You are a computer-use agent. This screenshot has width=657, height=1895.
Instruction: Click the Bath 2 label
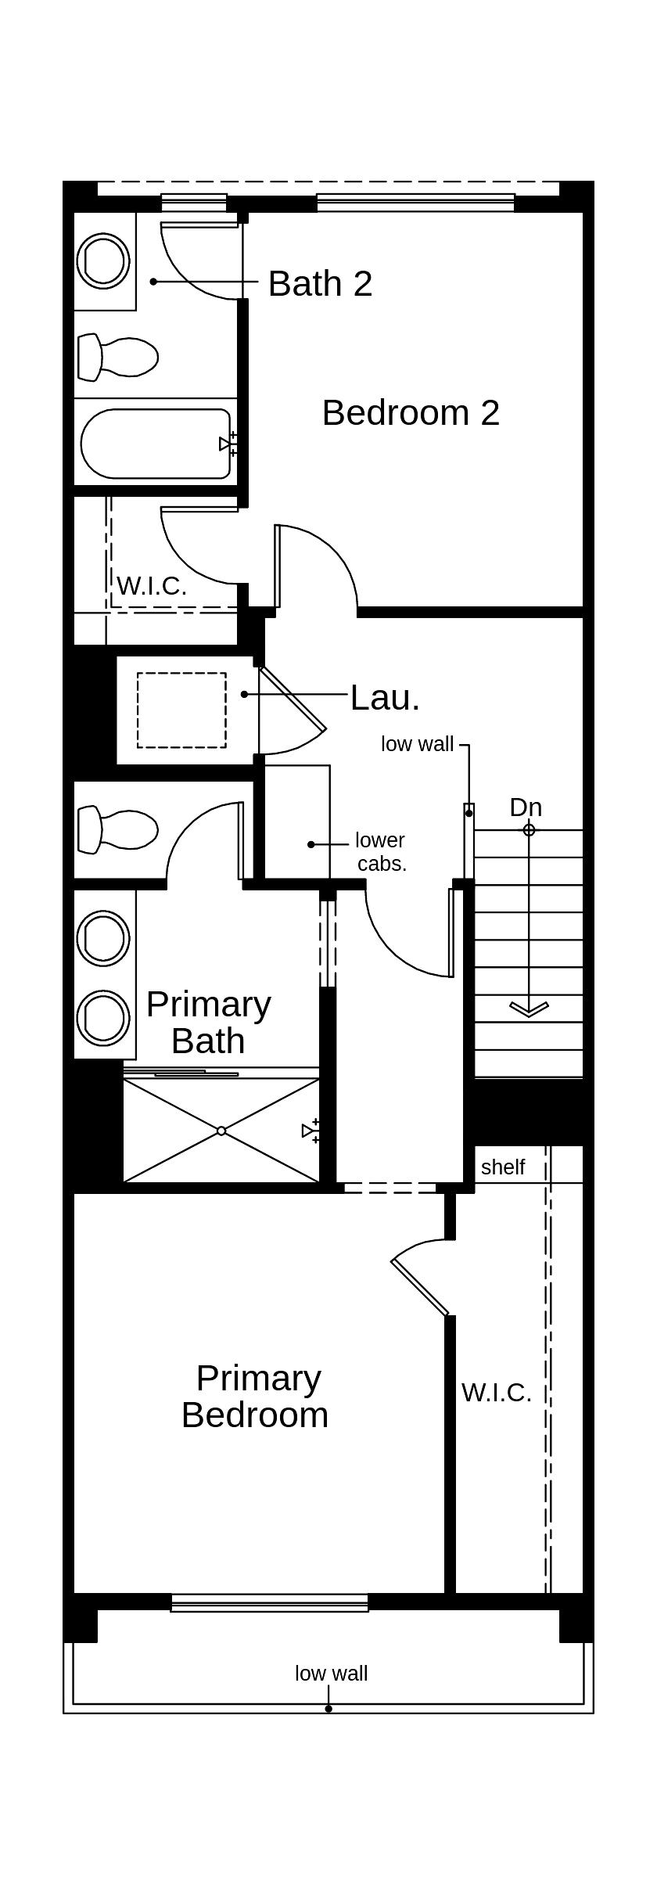pos(320,283)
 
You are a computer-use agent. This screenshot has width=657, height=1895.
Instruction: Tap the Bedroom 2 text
pos(411,412)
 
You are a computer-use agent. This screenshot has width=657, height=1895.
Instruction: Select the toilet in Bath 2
pos(117,357)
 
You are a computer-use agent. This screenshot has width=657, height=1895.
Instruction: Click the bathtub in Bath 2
pos(156,444)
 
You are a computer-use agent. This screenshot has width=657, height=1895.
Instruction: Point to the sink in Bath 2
pos(103,260)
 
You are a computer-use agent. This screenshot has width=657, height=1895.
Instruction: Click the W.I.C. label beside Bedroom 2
pos(152,585)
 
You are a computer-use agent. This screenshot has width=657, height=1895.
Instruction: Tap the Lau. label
pos(385,697)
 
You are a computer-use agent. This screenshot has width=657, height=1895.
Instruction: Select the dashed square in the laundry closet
pos(181,710)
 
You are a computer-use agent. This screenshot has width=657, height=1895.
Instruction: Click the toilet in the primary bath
pos(117,829)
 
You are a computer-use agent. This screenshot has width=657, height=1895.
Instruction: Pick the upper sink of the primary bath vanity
pos(103,937)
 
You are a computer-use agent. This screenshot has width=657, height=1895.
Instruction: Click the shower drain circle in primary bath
pos(221,1131)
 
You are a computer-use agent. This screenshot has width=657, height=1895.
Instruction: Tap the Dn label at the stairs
pos(526,807)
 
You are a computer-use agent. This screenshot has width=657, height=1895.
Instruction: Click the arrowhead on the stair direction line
pos(529,1009)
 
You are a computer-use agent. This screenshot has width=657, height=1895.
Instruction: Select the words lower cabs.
pos(381,852)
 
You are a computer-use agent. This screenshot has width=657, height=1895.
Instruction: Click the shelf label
pos(503,1167)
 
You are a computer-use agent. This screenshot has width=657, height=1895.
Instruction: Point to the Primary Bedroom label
pos(256,1396)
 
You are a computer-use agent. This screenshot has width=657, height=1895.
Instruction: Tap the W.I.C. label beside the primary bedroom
pos(497,1393)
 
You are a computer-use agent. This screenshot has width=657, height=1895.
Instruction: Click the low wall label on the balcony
pos(331,1673)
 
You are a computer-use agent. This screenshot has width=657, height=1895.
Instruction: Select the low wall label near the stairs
pos(417,744)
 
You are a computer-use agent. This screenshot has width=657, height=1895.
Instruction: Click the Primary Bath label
pos(208,1022)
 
